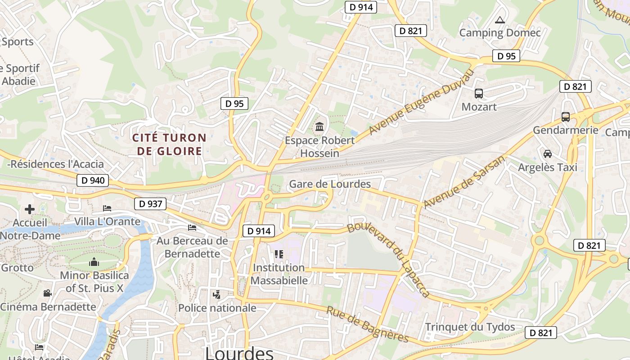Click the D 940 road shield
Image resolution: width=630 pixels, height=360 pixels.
93,181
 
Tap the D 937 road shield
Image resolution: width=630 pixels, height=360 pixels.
150,204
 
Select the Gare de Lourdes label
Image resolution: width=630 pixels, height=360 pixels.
330,184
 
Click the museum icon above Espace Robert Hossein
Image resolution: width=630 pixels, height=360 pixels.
319,127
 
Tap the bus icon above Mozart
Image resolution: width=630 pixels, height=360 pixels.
479,94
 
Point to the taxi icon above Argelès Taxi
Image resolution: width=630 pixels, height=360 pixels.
548,154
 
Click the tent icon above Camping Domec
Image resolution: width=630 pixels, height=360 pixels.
499,20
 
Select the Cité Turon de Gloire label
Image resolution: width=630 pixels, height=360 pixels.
169,144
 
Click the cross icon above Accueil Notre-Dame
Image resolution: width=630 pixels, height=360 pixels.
30,209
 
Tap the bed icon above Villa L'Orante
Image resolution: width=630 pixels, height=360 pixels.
107,208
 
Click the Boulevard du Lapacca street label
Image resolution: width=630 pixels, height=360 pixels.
389,260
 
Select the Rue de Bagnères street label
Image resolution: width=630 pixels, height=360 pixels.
367,324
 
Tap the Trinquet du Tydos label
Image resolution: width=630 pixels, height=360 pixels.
470,327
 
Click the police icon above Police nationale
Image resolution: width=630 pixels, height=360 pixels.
217,295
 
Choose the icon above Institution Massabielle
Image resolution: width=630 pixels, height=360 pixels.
279,254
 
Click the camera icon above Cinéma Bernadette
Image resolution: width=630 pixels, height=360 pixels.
47,293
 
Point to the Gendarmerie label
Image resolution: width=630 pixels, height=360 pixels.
566,130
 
